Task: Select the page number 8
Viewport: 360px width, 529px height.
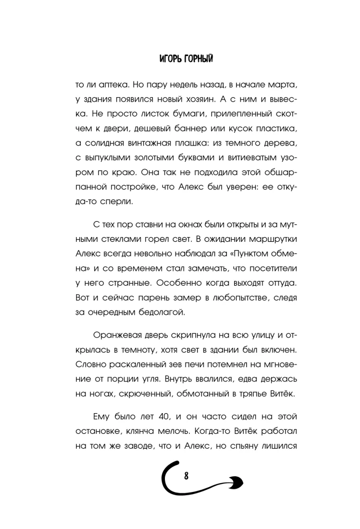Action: click(x=187, y=476)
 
